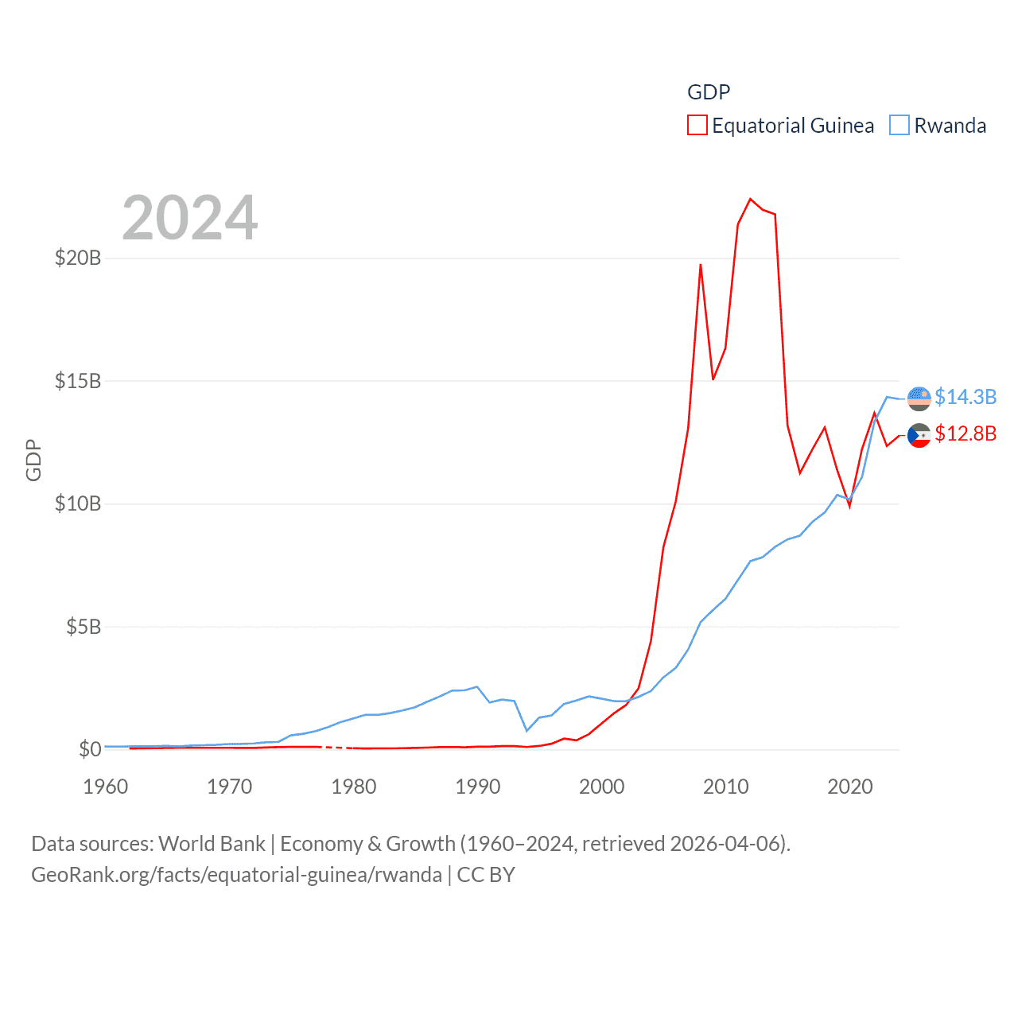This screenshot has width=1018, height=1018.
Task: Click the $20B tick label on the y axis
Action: click(77, 258)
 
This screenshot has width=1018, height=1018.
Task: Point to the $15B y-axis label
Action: click(77, 381)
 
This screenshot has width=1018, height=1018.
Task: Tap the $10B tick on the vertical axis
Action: click(77, 503)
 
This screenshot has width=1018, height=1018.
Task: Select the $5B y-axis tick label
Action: click(83, 627)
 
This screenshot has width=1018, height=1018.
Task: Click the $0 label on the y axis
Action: click(90, 749)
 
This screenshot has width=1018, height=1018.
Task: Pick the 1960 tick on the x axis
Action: click(106, 787)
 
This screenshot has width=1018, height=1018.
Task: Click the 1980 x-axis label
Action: click(354, 787)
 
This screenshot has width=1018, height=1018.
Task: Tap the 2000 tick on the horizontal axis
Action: click(602, 787)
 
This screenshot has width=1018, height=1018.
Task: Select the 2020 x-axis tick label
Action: click(850, 787)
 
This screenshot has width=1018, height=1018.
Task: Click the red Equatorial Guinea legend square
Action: click(697, 126)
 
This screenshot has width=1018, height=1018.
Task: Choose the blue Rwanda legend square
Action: click(899, 126)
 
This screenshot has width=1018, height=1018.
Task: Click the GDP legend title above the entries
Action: click(709, 92)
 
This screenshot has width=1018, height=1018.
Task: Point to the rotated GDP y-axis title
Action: click(33, 460)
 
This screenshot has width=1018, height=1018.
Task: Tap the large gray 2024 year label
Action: click(190, 218)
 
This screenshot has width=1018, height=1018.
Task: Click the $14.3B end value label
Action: click(966, 397)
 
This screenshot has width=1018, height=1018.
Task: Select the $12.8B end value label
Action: click(966, 433)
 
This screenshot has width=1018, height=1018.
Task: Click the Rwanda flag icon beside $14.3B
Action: click(919, 398)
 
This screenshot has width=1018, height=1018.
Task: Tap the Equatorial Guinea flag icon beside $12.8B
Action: click(919, 435)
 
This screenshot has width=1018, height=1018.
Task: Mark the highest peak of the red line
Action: click(750, 199)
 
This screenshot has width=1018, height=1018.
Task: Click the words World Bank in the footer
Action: click(212, 843)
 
